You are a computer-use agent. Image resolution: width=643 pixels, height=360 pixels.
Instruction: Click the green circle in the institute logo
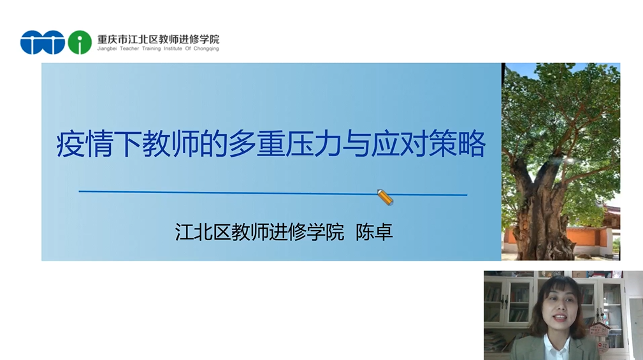(80, 42)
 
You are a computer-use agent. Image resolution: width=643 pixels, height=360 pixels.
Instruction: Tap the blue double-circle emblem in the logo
(43, 42)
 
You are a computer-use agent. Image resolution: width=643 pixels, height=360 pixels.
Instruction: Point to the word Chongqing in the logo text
(206, 48)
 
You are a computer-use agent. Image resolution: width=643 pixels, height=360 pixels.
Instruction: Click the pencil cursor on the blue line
(385, 197)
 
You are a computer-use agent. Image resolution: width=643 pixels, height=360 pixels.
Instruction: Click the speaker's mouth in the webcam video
(561, 319)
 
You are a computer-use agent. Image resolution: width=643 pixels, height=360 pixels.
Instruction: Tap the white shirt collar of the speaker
(558, 347)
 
